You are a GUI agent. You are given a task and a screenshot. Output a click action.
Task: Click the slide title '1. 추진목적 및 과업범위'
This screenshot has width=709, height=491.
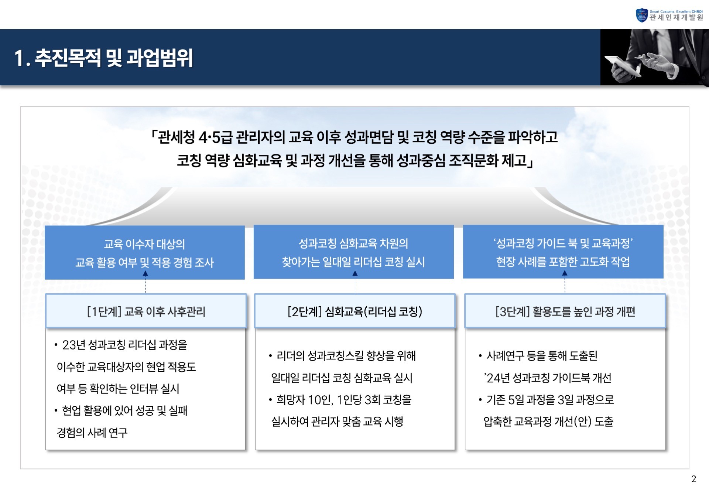[103, 58]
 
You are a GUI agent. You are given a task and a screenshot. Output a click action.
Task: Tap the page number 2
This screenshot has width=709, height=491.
[693, 479]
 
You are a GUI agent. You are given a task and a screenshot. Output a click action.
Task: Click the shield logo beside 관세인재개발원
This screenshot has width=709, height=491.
[642, 15]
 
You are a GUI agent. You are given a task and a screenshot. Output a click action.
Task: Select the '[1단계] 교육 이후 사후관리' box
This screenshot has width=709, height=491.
[146, 311]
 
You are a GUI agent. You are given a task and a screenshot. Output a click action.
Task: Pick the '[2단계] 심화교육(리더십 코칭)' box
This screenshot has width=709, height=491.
[354, 311]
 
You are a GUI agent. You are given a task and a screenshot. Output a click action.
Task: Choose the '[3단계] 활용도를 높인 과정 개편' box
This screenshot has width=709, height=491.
[565, 311]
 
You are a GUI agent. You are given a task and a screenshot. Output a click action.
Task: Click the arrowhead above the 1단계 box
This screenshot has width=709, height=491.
[145, 274]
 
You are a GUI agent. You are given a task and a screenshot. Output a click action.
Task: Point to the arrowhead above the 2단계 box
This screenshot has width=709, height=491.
[355, 274]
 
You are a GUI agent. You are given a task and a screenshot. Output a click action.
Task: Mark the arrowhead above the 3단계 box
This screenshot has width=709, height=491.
[565, 274]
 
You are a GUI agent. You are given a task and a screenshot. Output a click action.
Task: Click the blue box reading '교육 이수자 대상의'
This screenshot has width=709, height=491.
[144, 253]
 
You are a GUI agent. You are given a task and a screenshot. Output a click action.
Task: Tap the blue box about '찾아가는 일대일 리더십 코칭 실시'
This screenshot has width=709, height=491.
[353, 252]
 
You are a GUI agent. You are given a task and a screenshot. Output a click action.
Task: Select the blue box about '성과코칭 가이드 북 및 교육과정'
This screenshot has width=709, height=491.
[563, 252]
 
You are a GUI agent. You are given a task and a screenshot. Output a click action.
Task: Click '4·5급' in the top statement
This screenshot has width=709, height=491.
[215, 137]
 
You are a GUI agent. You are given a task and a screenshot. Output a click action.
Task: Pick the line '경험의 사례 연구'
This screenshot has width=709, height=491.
[92, 432]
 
